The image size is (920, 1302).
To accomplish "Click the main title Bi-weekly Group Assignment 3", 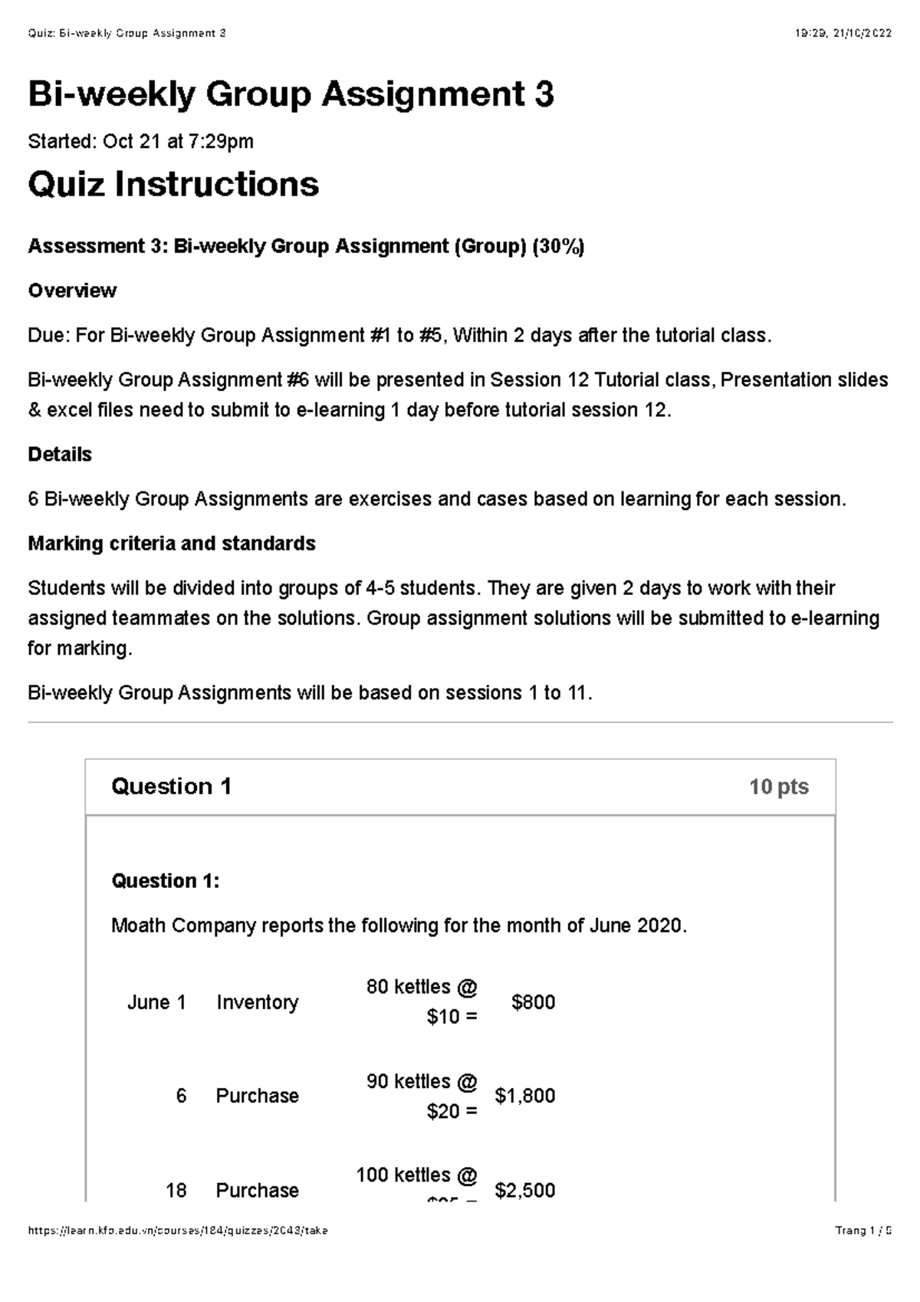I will click(291, 95).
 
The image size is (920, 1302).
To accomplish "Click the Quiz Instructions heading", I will click(173, 184).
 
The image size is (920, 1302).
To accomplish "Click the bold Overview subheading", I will click(72, 291).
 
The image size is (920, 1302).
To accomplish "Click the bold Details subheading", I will click(60, 455).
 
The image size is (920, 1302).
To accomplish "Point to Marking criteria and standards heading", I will click(172, 544).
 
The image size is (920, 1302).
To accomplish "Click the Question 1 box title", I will click(171, 786).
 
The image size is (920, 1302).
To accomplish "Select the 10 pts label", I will click(778, 787).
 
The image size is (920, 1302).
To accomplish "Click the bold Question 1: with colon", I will click(166, 881).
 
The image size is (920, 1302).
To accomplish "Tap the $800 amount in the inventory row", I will click(533, 1002).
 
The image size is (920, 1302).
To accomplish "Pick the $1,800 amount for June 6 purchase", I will click(525, 1096).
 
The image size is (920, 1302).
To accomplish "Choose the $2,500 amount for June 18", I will click(525, 1190).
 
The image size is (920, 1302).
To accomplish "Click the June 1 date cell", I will click(156, 1002).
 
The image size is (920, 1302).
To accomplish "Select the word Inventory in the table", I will click(257, 1002).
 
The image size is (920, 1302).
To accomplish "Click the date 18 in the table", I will click(176, 1190).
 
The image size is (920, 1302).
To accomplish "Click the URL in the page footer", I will click(178, 1231).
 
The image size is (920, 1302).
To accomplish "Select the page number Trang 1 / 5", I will click(863, 1231).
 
